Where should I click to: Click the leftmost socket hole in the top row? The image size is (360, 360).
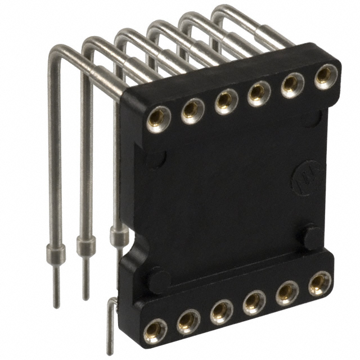point(157,118)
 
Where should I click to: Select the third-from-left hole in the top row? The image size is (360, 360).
point(225,100)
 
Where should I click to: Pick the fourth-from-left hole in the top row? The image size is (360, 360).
point(258,91)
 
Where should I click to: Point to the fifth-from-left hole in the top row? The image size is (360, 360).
point(291,83)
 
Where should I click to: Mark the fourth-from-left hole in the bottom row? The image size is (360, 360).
point(254,303)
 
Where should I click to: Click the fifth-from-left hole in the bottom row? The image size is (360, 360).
point(287,292)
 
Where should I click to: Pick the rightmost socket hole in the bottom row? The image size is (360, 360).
point(320,282)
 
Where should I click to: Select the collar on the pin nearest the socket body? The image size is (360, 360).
point(118,236)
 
